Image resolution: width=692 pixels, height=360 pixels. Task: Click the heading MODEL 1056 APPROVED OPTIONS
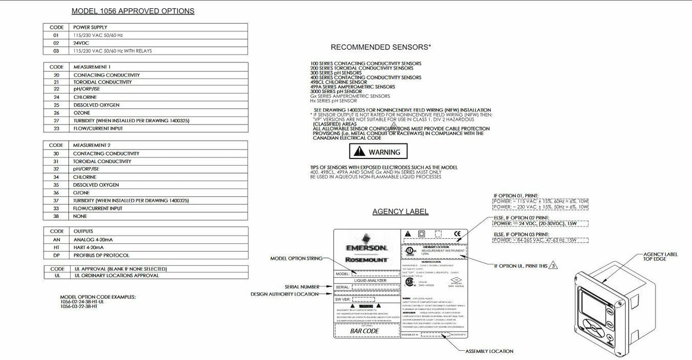pos(133,11)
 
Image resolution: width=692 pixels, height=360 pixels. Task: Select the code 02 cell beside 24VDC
pos(56,43)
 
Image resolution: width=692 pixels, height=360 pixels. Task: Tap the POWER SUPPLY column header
pos(90,27)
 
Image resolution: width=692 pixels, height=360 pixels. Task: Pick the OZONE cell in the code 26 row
pos(82,113)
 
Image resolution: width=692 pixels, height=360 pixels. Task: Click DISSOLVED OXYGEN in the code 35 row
pos(96,185)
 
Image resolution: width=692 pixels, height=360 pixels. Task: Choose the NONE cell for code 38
pos(80,216)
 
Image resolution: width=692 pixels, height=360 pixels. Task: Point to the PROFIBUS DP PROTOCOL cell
pos(101,255)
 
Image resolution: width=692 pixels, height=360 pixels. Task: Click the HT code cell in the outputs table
pos(57,247)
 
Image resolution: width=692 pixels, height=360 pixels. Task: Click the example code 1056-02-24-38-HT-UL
pos(82,301)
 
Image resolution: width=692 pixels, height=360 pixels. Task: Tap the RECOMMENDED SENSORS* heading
pos(381,47)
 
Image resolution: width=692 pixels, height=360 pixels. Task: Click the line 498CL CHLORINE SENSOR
pos(339,82)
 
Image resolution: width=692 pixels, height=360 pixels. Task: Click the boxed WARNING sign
pos(378,152)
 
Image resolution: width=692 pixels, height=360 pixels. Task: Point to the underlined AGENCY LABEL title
pos(400,211)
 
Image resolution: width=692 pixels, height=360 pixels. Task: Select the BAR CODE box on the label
pos(365,331)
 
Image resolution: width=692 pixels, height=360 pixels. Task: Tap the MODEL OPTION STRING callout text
pos(296,259)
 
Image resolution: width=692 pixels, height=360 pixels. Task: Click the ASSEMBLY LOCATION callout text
pos(489,351)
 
